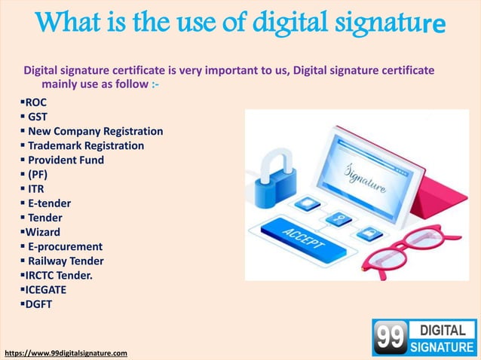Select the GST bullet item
click(38, 117)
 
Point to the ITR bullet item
click(36, 189)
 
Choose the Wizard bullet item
click(42, 232)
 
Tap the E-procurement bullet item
click(65, 246)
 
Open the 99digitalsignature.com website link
click(66, 352)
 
